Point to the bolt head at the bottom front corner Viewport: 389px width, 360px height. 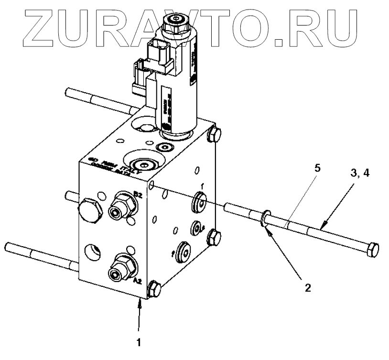tap(154, 290)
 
